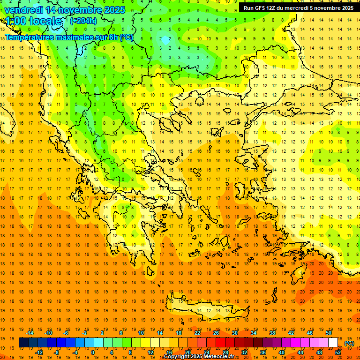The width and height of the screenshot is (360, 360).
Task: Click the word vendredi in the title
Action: pyautogui.click(x=23, y=10)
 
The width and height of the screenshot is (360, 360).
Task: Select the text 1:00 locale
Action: pyautogui.click(x=34, y=22)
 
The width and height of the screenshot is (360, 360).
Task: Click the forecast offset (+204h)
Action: pyautogui.click(x=83, y=21)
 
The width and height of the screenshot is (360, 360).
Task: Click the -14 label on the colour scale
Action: pyautogui.click(x=30, y=333)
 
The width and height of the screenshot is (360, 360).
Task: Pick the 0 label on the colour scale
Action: pyautogui.click(x=92, y=352)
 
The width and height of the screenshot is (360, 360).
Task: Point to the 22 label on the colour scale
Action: pyautogui.click(x=197, y=333)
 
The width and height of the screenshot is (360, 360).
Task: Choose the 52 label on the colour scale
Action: pyautogui.click(x=338, y=352)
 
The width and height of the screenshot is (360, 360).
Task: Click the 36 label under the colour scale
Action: pyautogui.click(x=263, y=352)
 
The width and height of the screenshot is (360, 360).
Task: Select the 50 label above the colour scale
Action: pyautogui.click(x=328, y=333)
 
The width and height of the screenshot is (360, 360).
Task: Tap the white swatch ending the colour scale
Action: pyautogui.click(x=333, y=343)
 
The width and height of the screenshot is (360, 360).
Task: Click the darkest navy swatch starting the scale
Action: pyautogui.click(x=23, y=343)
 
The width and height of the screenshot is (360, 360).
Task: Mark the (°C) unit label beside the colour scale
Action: pyautogui.click(x=349, y=343)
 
